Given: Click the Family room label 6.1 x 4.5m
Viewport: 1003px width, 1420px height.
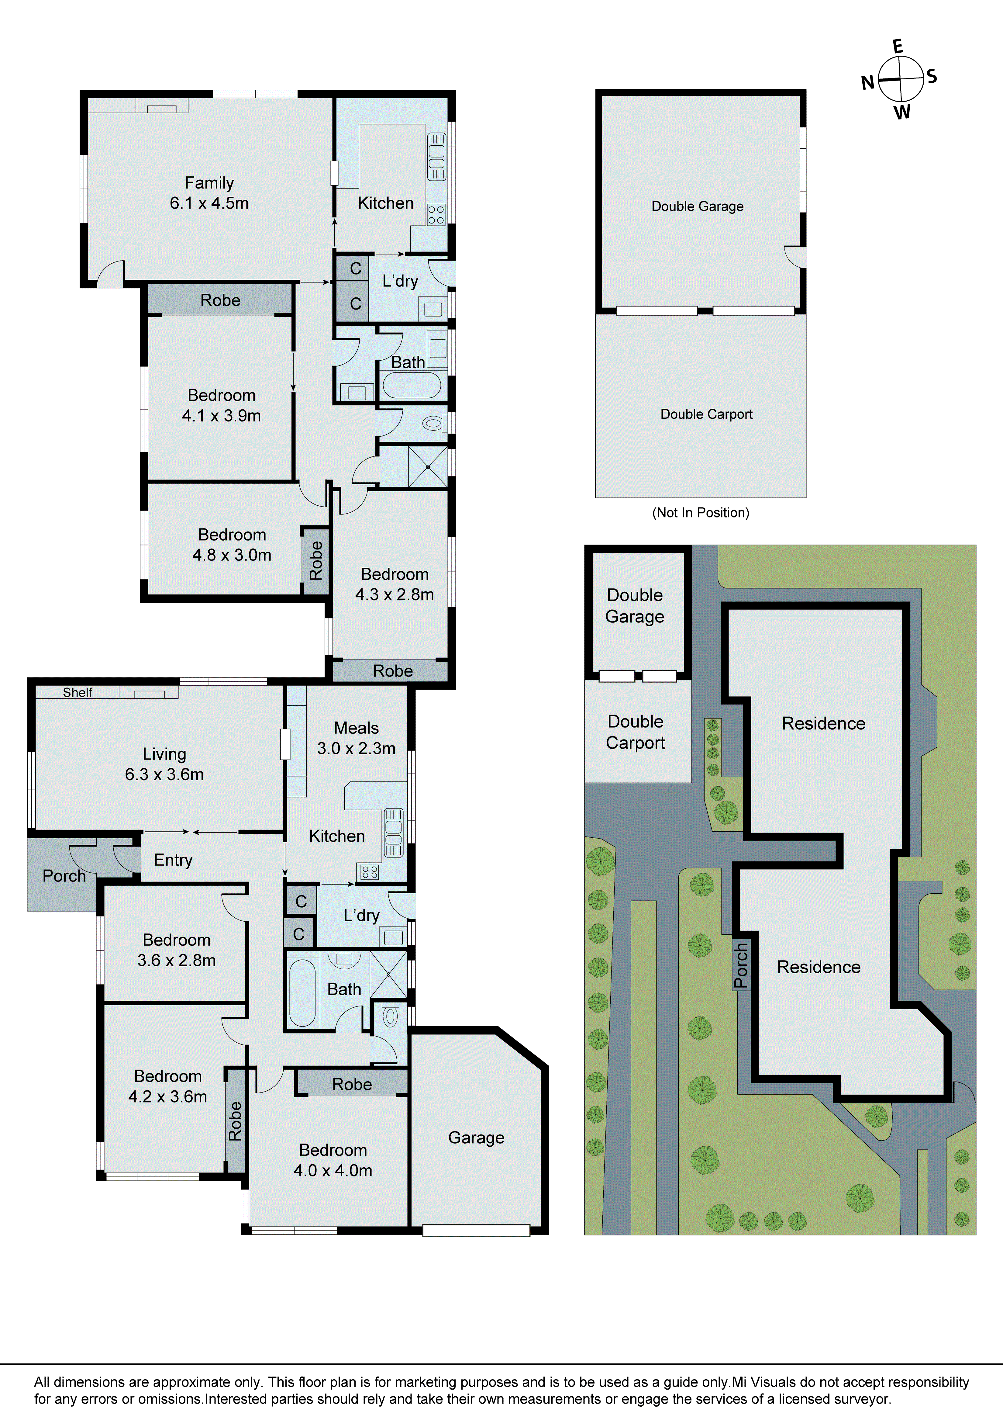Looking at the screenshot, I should click(x=209, y=193).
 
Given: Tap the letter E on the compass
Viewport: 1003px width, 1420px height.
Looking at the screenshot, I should click(x=898, y=47).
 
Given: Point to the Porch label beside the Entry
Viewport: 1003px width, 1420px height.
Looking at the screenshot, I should click(x=64, y=876).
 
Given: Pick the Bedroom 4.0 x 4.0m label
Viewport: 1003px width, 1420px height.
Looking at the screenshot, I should click(x=333, y=1160).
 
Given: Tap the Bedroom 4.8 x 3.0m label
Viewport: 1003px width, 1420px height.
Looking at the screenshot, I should click(x=232, y=545).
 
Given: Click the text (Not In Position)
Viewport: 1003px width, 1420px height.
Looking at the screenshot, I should click(x=701, y=513).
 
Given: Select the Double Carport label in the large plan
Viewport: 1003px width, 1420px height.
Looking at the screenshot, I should click(x=706, y=414).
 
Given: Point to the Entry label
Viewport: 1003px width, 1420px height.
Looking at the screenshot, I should click(x=173, y=860).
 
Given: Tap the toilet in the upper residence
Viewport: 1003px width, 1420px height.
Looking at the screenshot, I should click(x=433, y=424).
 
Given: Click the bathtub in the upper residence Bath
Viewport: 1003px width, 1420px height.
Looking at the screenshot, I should click(x=411, y=385).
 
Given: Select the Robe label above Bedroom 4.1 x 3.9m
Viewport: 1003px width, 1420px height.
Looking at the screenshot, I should click(x=220, y=301).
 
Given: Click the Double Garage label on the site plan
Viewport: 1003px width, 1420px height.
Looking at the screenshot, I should click(x=635, y=605).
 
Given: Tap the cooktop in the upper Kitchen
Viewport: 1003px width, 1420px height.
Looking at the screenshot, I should click(x=436, y=215).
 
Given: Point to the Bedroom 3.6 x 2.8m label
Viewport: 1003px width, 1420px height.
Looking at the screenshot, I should click(x=176, y=950).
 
